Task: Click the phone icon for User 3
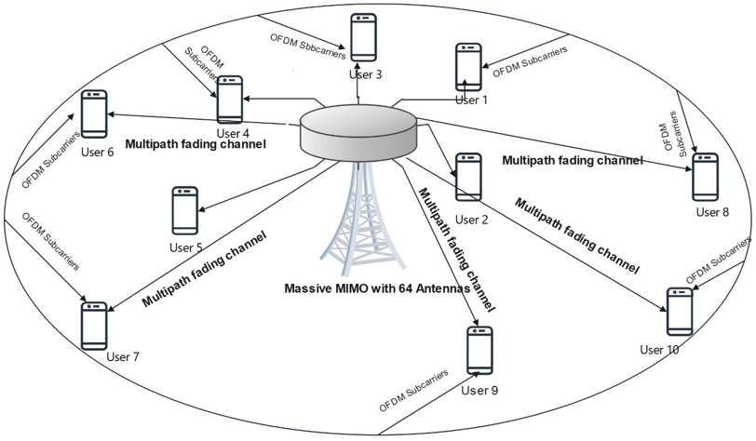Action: coord(363,37)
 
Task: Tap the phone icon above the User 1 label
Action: coord(468,67)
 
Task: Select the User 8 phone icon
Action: coord(706,177)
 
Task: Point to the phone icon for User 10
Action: coord(680,312)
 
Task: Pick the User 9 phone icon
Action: coord(479,351)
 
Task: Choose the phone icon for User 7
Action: coord(94,327)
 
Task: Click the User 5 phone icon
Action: coord(185,210)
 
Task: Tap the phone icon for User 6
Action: coord(94,114)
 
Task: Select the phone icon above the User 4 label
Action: coord(229,100)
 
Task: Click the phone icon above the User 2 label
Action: coord(468,177)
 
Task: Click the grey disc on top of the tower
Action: coord(358,130)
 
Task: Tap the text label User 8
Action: coord(712,212)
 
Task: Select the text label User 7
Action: coord(123,357)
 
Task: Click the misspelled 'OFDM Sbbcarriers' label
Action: coord(307,47)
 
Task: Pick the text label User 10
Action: coord(659,350)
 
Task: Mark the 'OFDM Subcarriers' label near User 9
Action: coord(413,391)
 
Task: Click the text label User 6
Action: coord(98,153)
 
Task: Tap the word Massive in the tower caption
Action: coord(303,288)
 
